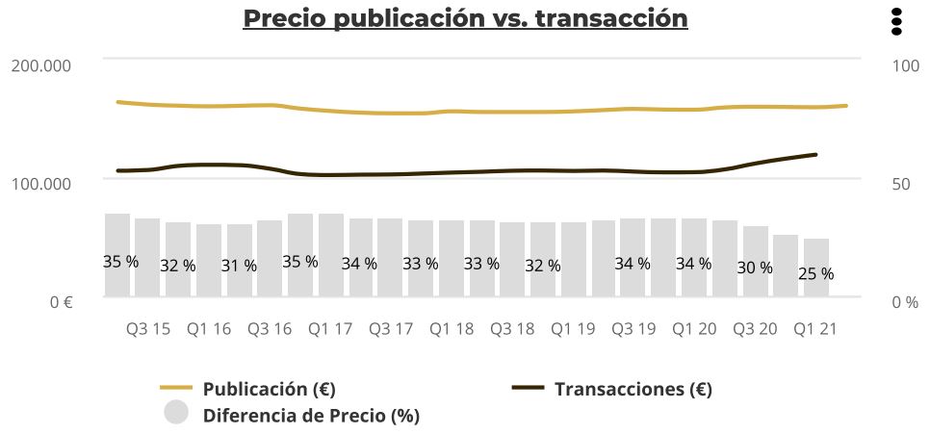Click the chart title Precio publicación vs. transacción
(465, 18)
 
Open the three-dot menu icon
(896, 21)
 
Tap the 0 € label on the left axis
(62, 302)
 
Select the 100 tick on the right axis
(906, 64)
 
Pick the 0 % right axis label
(904, 302)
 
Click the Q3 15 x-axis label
(148, 329)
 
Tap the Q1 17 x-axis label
(330, 329)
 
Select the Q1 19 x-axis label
(573, 329)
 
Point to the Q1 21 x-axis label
(814, 329)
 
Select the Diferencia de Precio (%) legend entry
(311, 416)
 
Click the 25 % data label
(815, 274)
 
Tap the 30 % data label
(755, 268)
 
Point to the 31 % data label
(239, 267)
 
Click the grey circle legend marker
(176, 413)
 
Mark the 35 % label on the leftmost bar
(120, 262)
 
